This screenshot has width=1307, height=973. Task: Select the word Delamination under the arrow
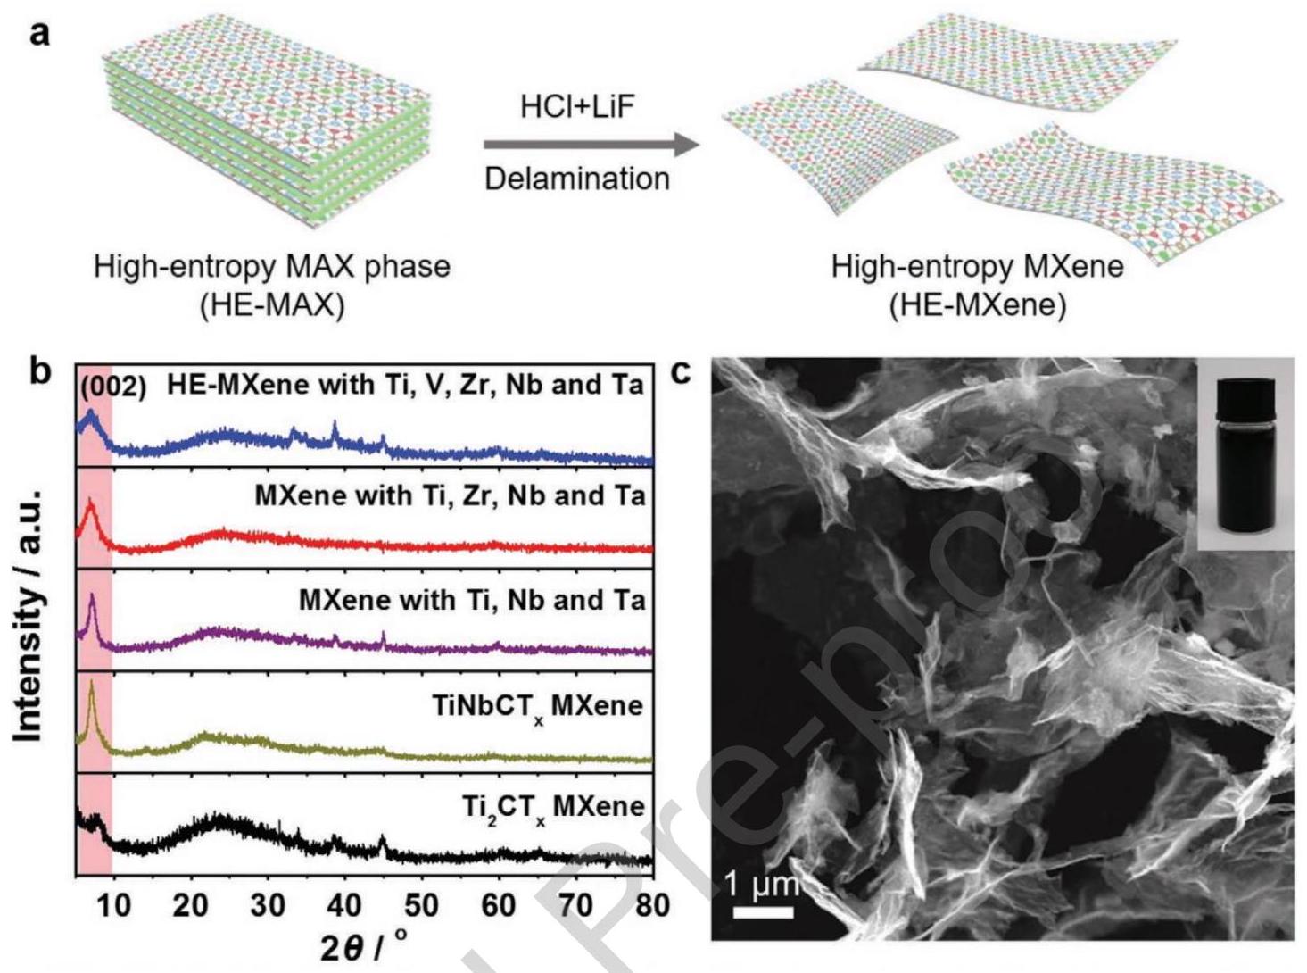576,179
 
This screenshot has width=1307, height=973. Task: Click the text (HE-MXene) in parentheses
977,305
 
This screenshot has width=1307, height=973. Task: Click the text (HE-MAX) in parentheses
271,305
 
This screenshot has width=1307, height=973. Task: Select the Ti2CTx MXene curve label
553,809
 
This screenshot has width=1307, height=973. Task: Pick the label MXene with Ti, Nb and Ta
471,600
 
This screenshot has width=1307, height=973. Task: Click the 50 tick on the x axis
421,905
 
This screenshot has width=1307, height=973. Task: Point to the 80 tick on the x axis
652,905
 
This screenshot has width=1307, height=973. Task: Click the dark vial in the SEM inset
1244,455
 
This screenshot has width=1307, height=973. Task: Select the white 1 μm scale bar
764,912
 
